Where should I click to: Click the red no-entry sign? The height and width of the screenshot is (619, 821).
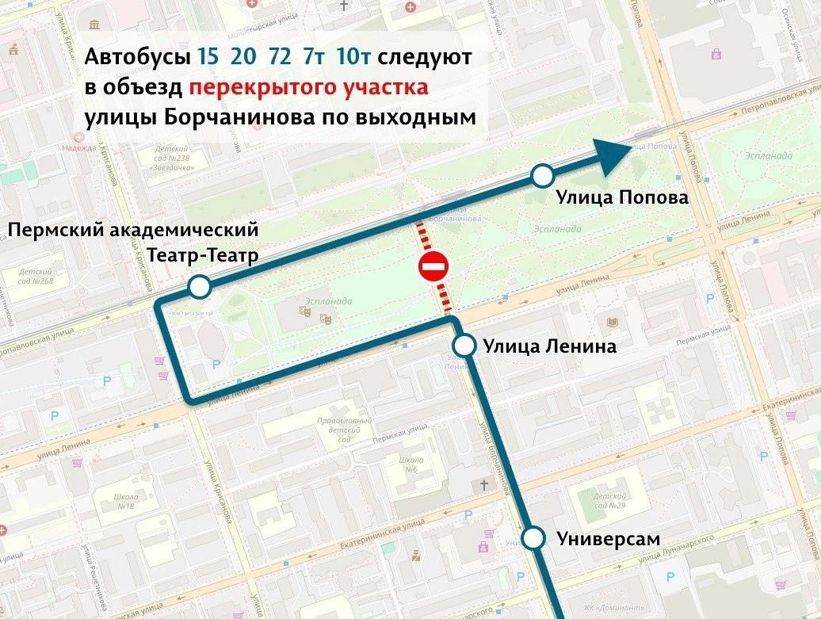pyautogui.click(x=432, y=267)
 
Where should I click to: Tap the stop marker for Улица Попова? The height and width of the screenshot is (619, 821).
pyautogui.click(x=542, y=175)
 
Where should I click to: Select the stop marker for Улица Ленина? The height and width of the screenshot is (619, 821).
pyautogui.click(x=464, y=346)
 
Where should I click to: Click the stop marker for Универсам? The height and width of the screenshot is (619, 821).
pyautogui.click(x=536, y=538)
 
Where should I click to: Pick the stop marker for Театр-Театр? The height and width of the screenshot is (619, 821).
pyautogui.click(x=199, y=286)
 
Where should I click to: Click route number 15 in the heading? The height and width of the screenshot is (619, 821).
pyautogui.click(x=208, y=58)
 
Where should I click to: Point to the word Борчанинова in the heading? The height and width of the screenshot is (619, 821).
pyautogui.click(x=225, y=117)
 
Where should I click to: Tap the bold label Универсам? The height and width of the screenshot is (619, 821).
pyautogui.click(x=608, y=538)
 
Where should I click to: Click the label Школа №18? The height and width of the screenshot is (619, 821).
pyautogui.click(x=126, y=502)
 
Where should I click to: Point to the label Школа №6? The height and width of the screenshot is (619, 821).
pyautogui.click(x=411, y=465)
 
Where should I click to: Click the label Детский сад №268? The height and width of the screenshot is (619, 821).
pyautogui.click(x=35, y=275)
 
